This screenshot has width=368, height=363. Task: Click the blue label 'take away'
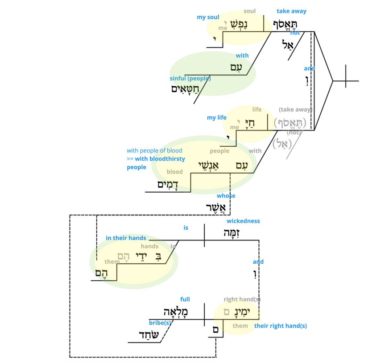tap(291, 11)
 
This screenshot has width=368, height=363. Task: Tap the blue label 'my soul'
tap(208, 17)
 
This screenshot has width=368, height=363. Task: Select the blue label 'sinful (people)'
tap(190, 79)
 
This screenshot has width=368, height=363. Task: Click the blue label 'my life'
tap(217, 118)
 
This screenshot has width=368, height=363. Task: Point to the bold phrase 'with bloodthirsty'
tap(160, 159)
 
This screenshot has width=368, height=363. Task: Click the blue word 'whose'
tap(226, 196)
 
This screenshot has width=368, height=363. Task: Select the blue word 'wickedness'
tap(243, 221)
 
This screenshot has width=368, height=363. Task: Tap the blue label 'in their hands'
tap(126, 238)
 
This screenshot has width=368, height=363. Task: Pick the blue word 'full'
tap(185, 299)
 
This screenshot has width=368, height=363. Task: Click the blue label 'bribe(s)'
tap(160, 322)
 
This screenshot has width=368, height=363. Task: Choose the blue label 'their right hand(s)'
tap(281, 326)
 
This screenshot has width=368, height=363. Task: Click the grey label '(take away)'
tap(295, 110)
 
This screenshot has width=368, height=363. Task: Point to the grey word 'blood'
tap(174, 172)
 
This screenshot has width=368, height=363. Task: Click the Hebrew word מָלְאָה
tap(176, 311)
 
